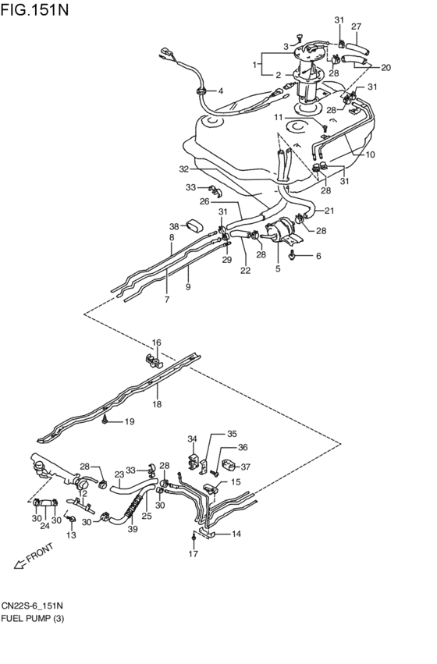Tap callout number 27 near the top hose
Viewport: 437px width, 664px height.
(x=356, y=27)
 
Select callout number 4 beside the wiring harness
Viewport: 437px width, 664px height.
(x=220, y=91)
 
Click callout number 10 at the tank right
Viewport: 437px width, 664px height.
(x=370, y=154)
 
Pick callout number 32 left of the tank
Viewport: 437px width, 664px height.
(x=183, y=169)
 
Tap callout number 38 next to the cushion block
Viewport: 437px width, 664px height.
(x=175, y=227)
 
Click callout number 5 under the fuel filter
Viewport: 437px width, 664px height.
(x=278, y=270)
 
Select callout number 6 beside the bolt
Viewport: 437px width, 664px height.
(x=318, y=255)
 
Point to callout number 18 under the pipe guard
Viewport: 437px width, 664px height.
(x=157, y=405)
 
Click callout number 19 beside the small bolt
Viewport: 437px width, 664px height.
(x=130, y=422)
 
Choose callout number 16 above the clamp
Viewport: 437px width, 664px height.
(x=156, y=343)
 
